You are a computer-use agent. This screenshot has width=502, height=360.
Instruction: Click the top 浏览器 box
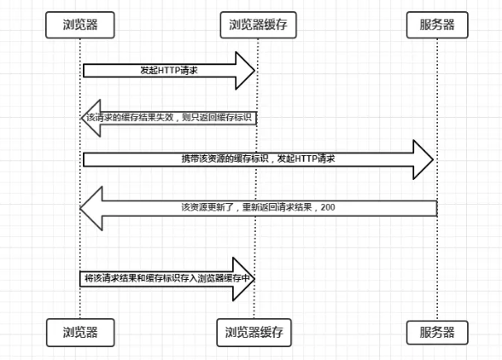tap(80, 25)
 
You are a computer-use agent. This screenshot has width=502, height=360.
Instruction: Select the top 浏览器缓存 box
tap(257, 25)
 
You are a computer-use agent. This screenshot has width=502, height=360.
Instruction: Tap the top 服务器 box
tap(437, 25)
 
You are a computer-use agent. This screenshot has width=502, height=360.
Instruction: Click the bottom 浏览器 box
tap(80, 330)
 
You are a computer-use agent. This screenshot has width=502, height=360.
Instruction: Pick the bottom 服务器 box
tap(437, 330)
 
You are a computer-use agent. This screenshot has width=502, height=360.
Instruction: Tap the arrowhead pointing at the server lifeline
tap(423, 160)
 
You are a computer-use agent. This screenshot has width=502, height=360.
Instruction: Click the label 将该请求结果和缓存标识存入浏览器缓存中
tap(169, 279)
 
